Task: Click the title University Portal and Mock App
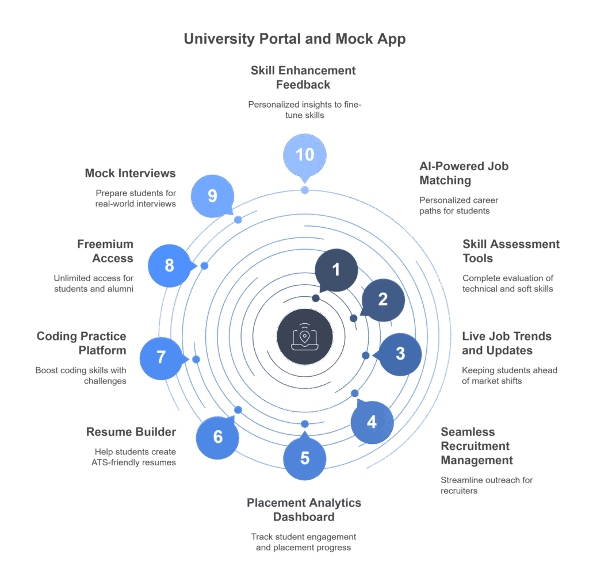pyautogui.click(x=294, y=39)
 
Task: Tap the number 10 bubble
pyautogui.click(x=305, y=154)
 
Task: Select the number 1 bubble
pyautogui.click(x=336, y=269)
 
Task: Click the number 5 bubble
pyautogui.click(x=305, y=458)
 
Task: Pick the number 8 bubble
pyautogui.click(x=169, y=265)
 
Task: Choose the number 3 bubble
pyautogui.click(x=400, y=353)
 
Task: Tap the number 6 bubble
pyautogui.click(x=217, y=437)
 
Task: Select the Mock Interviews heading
pyautogui.click(x=131, y=173)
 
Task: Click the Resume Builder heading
pyautogui.click(x=131, y=431)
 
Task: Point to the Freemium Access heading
pyautogui.click(x=105, y=251)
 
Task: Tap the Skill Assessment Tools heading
pyautogui.click(x=511, y=251)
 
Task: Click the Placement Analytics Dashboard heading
pyautogui.click(x=304, y=510)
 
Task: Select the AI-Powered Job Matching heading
pyautogui.click(x=464, y=173)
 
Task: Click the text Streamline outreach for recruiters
pyautogui.click(x=487, y=485)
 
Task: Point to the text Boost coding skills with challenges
pyautogui.click(x=81, y=376)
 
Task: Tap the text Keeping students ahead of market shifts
pyautogui.click(x=510, y=376)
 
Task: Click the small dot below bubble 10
pyautogui.click(x=305, y=190)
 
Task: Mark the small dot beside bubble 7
pyautogui.click(x=196, y=359)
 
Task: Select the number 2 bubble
pyautogui.click(x=383, y=299)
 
